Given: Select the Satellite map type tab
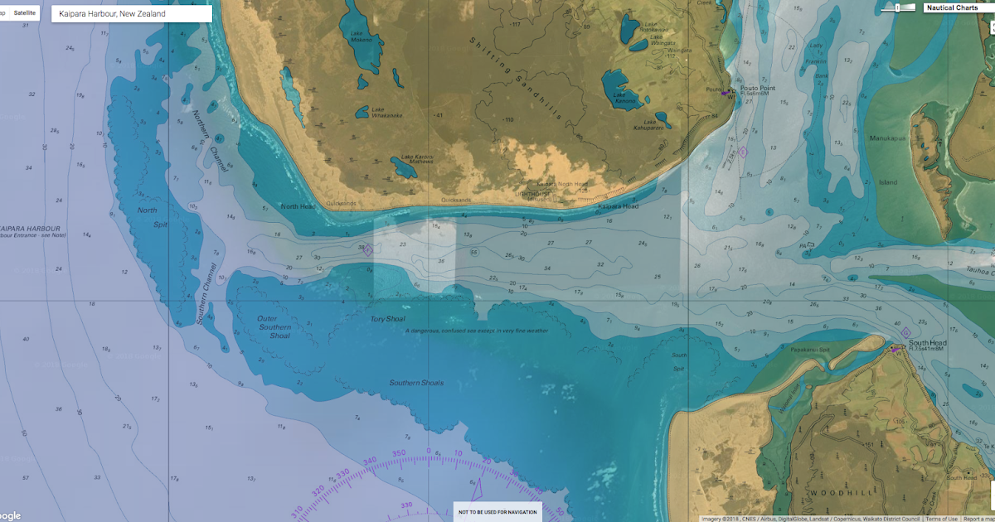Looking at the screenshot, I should (x=25, y=13).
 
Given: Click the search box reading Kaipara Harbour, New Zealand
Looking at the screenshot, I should (x=131, y=14).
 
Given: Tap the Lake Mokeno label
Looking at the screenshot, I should (x=362, y=39).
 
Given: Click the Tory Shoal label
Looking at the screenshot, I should (x=388, y=318).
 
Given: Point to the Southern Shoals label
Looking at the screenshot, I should (x=416, y=383).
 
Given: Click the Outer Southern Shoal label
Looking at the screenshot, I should (x=274, y=327).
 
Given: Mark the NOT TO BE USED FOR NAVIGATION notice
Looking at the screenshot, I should (x=498, y=512).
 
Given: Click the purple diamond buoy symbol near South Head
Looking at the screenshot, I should (x=905, y=333).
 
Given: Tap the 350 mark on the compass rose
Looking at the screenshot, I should (x=399, y=453).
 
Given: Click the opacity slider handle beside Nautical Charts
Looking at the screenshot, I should (x=898, y=7).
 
